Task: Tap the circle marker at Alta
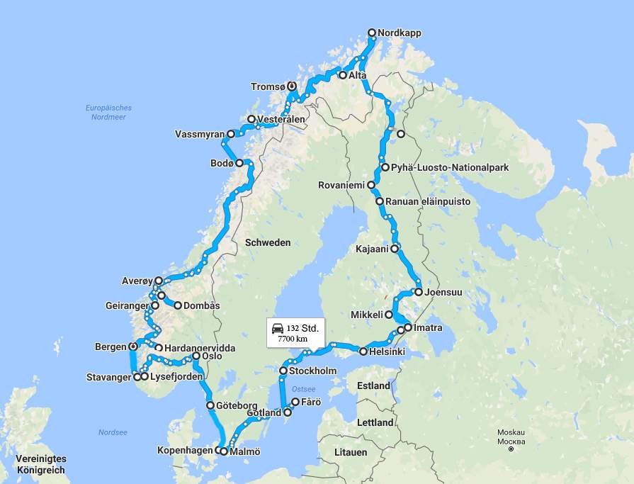(x=342, y=75)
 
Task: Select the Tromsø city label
(x=268, y=86)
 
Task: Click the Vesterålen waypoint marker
(x=251, y=120)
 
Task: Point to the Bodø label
(x=222, y=164)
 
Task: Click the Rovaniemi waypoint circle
(x=370, y=185)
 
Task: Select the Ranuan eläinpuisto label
(x=427, y=202)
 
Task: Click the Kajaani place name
(x=372, y=249)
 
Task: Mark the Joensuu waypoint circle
(x=419, y=291)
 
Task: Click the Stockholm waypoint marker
(x=283, y=371)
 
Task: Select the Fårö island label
(x=311, y=402)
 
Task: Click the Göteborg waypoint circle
(x=210, y=405)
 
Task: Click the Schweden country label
(x=268, y=242)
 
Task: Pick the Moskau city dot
(x=511, y=449)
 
